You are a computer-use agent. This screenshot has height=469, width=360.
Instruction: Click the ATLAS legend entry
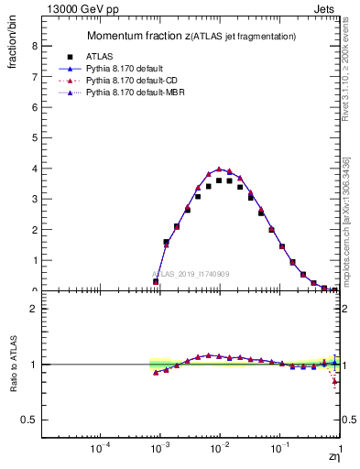tap(112, 57)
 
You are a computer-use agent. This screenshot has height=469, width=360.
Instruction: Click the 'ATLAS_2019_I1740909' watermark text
tap(191, 274)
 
